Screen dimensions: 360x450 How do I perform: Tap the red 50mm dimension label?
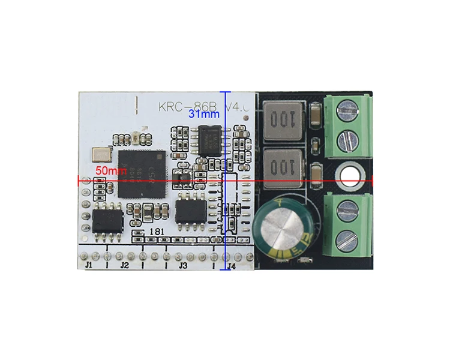[x=111, y=171]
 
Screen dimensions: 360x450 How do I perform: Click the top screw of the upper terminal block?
[x=348, y=110]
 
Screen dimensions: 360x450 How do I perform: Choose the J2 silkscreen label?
[x=124, y=265]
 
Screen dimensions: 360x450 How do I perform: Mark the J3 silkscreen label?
[x=184, y=265]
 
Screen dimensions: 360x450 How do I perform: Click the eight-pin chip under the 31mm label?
[x=212, y=139]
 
